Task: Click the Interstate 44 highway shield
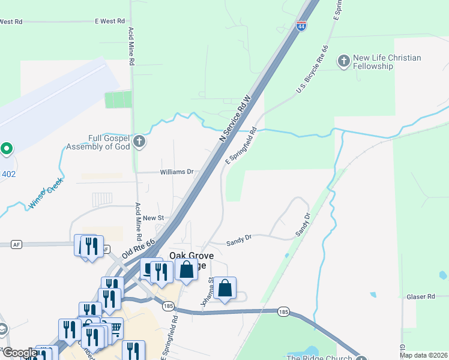coord(301,26)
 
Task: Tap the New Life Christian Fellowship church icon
coord(343,61)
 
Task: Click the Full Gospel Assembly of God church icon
coord(139,142)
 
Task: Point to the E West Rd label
coord(109,21)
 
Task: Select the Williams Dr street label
coord(176,172)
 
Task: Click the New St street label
coord(153,218)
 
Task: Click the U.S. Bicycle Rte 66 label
coord(313,70)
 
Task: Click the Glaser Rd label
coord(420,296)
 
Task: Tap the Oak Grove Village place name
coord(192,260)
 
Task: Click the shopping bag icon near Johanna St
coord(224,289)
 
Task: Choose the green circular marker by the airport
coord(7,148)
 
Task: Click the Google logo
coord(20,353)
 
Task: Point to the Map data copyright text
coord(423,355)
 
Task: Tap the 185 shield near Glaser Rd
coord(283,311)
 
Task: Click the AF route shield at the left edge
coord(16,244)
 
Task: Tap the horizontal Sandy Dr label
coord(238,243)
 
